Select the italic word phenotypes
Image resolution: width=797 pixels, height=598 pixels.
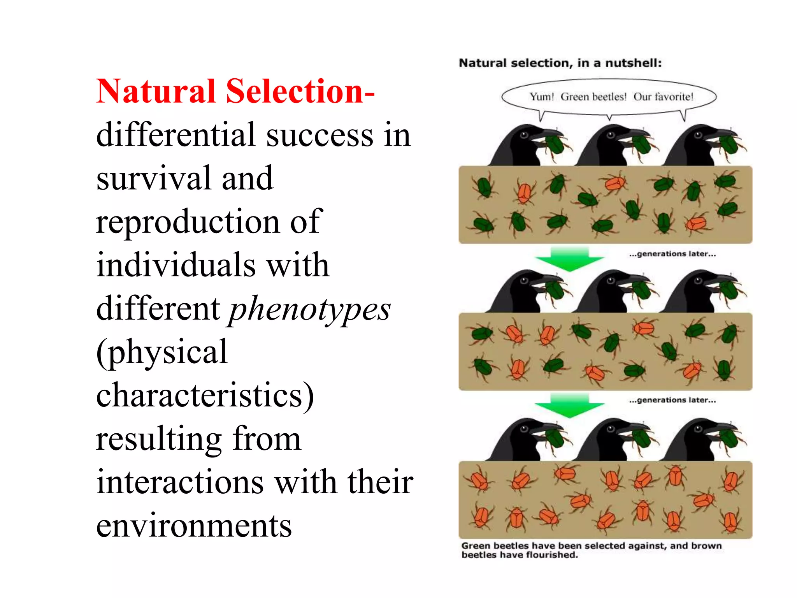309,310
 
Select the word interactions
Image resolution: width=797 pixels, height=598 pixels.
180,483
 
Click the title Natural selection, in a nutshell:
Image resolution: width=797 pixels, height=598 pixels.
560,63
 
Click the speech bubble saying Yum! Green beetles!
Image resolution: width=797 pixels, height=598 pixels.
609,97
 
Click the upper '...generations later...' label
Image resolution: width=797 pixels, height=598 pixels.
672,254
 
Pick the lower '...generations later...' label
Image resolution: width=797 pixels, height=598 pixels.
672,400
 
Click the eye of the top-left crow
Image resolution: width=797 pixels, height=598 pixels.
524,135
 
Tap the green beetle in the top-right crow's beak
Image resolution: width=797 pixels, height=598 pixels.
730,144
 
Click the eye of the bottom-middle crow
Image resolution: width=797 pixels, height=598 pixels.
611,429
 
